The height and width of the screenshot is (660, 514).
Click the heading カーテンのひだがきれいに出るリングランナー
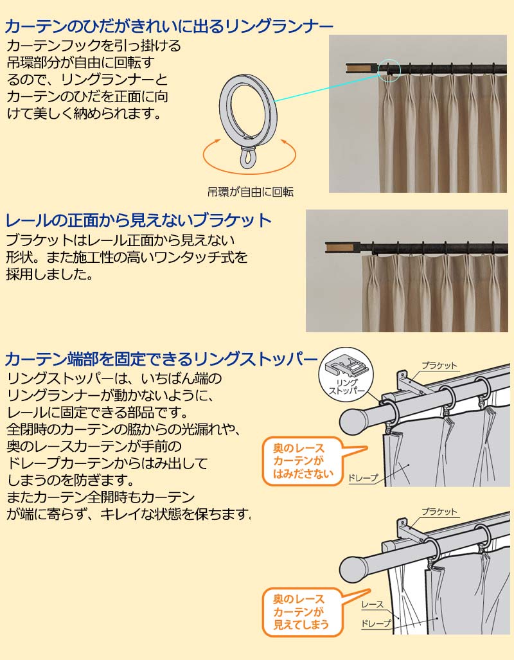pos(169,26)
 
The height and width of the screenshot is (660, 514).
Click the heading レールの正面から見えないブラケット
pos(139,220)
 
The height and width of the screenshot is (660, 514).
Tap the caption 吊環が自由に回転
pos(251,192)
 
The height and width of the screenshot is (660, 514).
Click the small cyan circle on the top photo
pos(389,70)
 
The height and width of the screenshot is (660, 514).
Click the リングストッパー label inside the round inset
pos(346,387)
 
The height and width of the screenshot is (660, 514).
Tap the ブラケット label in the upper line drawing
pos(439,366)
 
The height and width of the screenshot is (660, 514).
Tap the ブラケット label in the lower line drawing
pos(439,512)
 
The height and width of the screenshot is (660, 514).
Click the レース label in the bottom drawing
pos(373,605)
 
